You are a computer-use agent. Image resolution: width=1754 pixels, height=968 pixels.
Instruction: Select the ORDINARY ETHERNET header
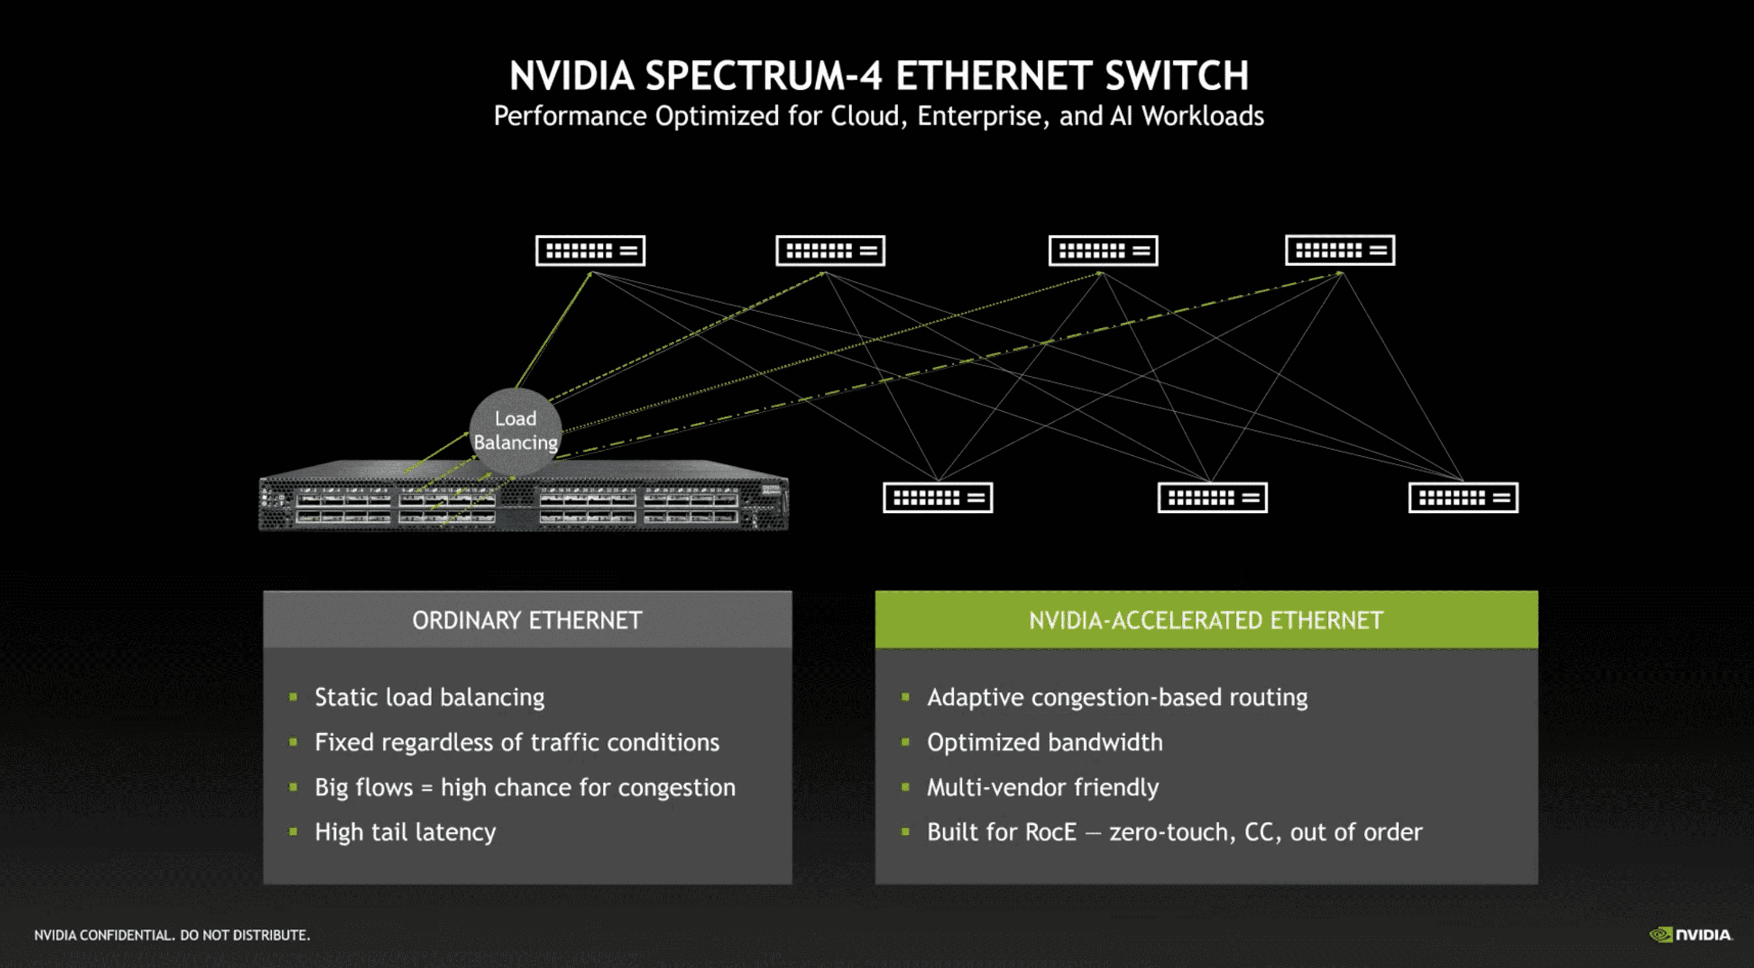[527, 620]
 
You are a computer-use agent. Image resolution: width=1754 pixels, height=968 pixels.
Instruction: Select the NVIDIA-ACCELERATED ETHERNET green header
[1205, 620]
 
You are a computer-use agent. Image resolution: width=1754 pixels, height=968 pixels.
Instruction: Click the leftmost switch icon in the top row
[590, 251]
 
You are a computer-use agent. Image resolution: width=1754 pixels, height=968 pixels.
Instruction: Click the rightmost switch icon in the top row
[1339, 251]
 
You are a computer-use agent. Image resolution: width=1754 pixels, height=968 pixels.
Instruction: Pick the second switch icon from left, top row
[830, 251]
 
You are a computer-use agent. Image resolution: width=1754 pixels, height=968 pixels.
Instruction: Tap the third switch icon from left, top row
[1103, 251]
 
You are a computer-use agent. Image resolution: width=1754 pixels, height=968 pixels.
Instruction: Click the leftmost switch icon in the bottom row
[938, 498]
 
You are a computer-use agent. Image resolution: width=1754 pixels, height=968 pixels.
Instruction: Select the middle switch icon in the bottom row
[1212, 498]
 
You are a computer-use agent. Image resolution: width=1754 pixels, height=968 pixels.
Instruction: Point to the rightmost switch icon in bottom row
[1463, 498]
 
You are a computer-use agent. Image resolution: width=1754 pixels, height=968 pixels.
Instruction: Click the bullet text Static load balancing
[429, 697]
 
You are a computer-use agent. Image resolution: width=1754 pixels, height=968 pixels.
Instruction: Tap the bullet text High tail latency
[405, 832]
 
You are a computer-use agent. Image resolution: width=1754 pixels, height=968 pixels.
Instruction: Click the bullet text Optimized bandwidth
[1045, 742]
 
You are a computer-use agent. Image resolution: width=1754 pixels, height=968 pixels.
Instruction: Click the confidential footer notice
[172, 935]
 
